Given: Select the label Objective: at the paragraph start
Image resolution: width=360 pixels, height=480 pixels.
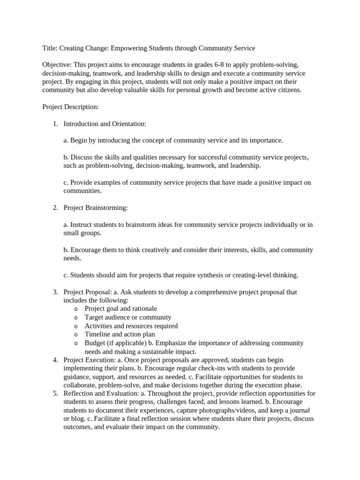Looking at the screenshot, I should click(57, 65).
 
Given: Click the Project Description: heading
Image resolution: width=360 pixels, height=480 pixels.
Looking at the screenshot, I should click(70, 107).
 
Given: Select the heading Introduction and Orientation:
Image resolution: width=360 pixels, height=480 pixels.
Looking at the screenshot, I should click(105, 124).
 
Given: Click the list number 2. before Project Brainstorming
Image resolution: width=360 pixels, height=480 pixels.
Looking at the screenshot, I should click(55, 207).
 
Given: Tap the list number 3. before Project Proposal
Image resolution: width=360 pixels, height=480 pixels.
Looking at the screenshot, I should click(55, 292).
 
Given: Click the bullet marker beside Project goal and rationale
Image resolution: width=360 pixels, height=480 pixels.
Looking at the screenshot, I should click(76, 309).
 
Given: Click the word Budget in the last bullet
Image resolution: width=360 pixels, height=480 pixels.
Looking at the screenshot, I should click(95, 343).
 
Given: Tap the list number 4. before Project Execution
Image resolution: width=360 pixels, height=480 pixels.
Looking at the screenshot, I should click(55, 360).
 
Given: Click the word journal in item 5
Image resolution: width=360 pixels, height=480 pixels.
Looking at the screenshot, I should click(304, 410).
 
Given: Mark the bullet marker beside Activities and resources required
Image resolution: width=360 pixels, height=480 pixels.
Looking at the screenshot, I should click(76, 326).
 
